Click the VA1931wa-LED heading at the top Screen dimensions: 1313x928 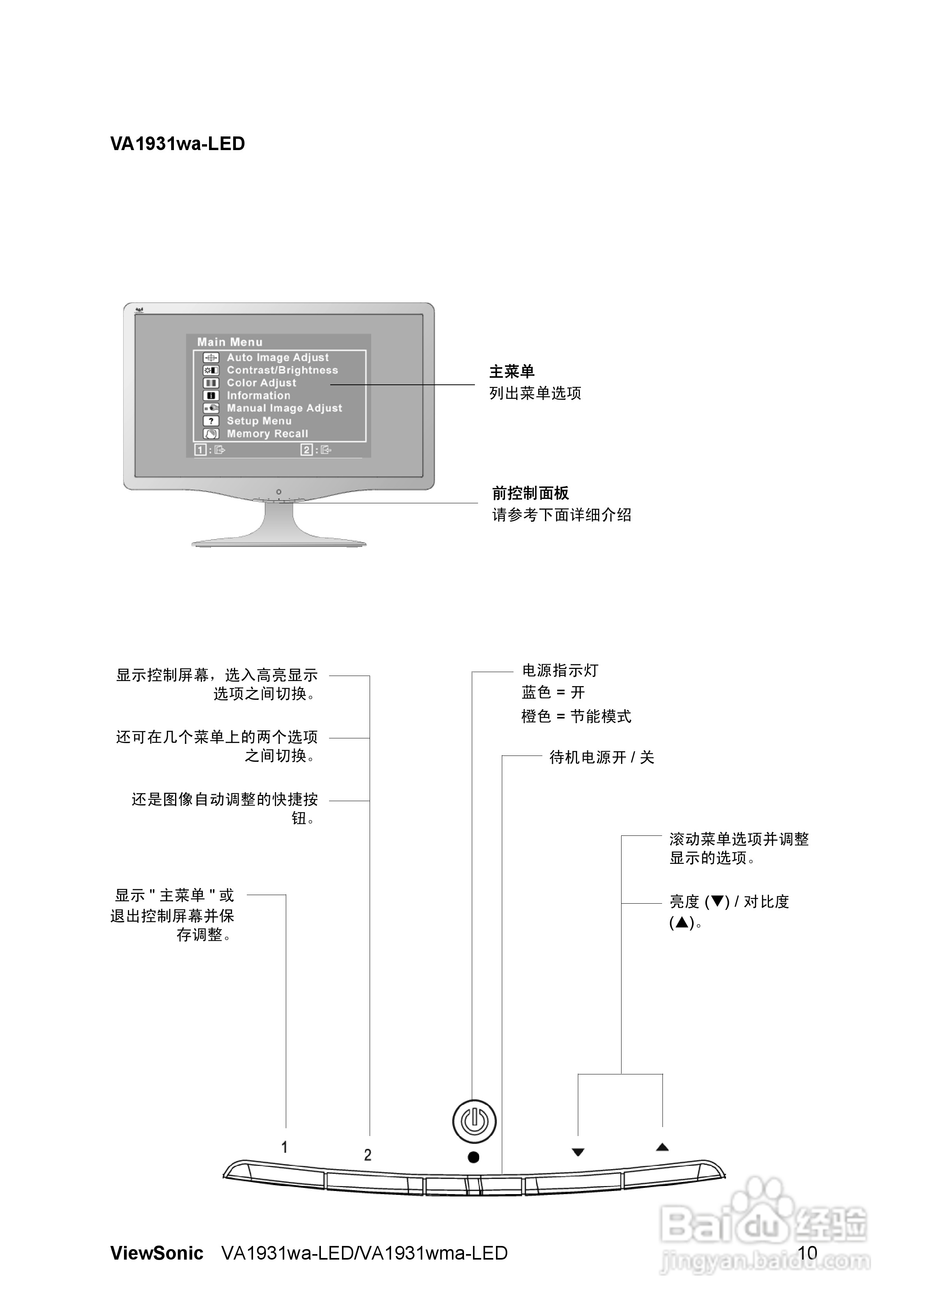pos(177,143)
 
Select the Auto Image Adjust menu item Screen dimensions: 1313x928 pos(278,357)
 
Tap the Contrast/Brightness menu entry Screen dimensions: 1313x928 pos(282,370)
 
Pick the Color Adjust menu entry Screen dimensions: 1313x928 pos(262,382)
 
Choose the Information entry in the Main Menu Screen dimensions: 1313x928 pos(259,395)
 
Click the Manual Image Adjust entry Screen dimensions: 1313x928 pos(284,408)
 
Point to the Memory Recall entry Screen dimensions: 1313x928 pos(267,434)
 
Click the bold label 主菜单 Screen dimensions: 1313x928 pos(512,372)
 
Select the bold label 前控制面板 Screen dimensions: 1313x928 pos(530,493)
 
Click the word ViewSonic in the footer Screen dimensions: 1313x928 pos(157,1253)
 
